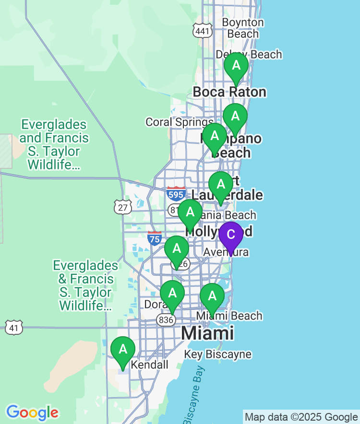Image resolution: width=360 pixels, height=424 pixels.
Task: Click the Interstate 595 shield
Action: (x=177, y=194)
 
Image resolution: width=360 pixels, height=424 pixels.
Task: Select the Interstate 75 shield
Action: (x=155, y=238)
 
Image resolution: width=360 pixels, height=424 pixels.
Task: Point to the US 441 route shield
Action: (x=203, y=31)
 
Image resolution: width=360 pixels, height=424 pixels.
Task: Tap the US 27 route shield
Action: (x=123, y=207)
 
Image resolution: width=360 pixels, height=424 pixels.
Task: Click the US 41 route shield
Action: (x=14, y=328)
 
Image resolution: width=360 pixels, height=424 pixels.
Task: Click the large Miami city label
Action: (x=207, y=333)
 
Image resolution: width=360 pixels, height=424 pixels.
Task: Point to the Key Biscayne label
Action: (x=218, y=354)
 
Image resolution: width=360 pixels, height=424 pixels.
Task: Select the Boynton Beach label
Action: (x=243, y=28)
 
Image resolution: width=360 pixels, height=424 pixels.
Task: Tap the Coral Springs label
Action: (x=179, y=122)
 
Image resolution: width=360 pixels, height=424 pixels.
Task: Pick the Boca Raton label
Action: (x=229, y=92)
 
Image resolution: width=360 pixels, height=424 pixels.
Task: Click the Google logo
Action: (x=32, y=412)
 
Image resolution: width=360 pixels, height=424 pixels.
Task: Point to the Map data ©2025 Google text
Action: (x=301, y=417)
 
